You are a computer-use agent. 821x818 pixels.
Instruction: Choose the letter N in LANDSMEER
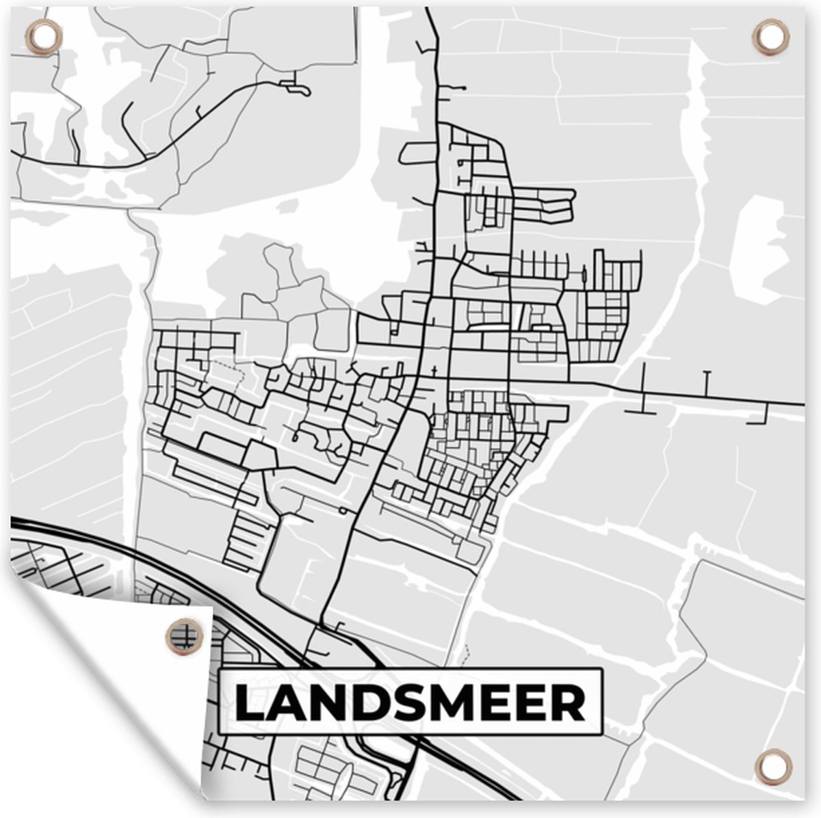[324, 703]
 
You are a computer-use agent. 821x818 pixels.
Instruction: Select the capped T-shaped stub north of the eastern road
[707, 383]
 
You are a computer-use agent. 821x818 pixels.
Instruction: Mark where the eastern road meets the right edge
[802, 404]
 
